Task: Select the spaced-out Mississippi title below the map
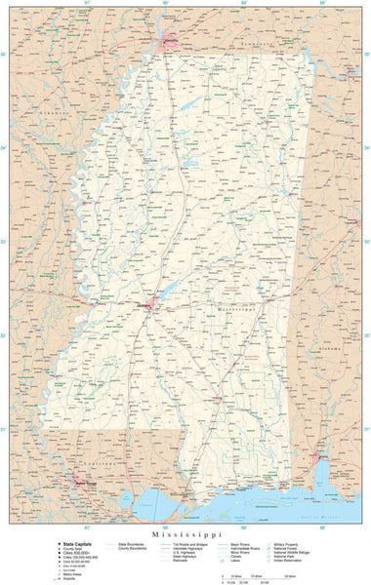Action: [x=185, y=524]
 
